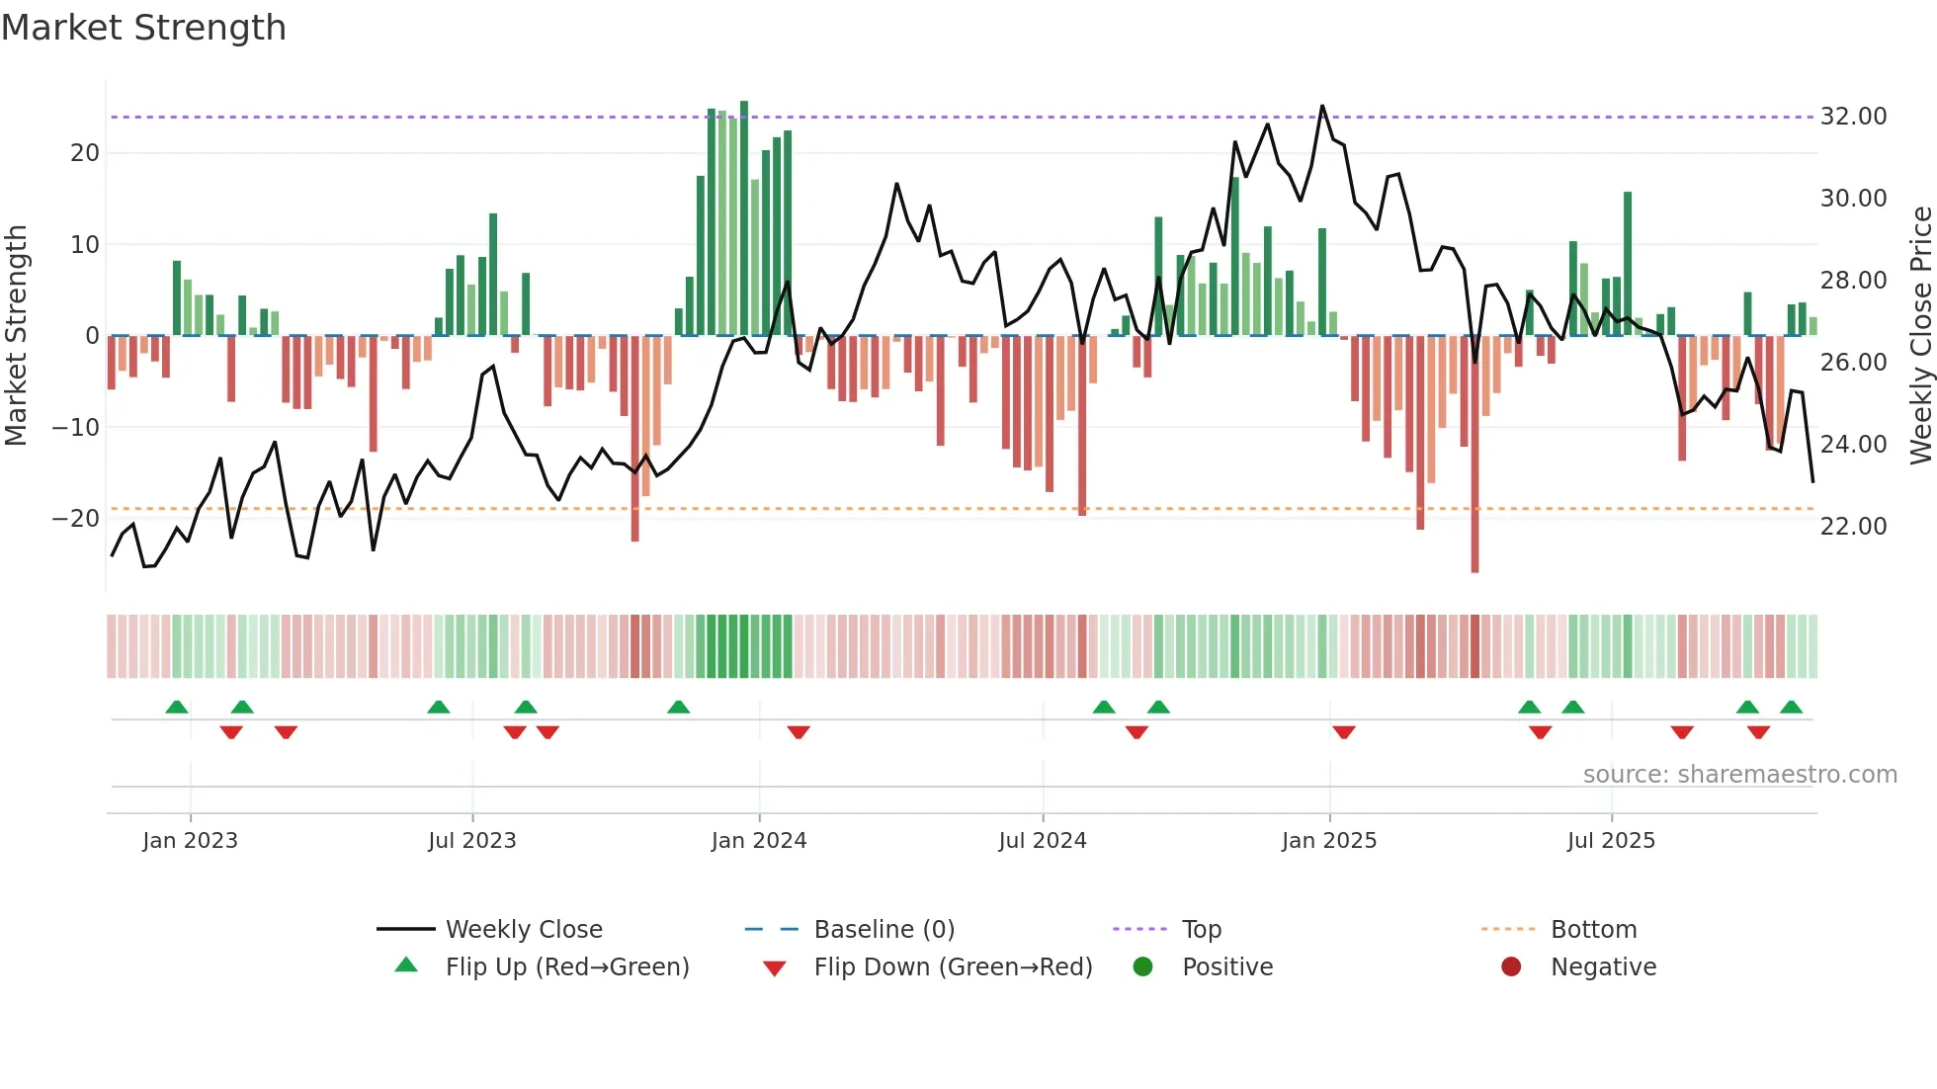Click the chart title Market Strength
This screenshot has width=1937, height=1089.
click(143, 28)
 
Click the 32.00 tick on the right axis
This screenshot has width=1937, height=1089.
click(1853, 117)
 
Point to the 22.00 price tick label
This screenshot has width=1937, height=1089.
click(1853, 527)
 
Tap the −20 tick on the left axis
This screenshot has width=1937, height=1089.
click(76, 519)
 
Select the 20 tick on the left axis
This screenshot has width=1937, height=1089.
click(85, 153)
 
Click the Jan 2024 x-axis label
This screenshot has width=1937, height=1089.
click(758, 841)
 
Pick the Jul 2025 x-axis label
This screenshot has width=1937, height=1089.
click(1610, 841)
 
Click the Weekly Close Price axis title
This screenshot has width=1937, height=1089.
click(1920, 336)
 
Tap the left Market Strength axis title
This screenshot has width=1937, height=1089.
click(17, 336)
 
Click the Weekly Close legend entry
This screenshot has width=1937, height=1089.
click(523, 930)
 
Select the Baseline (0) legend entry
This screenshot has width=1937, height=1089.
click(884, 930)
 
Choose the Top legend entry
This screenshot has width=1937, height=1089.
click(1201, 930)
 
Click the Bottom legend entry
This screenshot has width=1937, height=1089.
click(1593, 930)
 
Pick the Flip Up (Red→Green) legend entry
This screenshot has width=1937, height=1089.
click(566, 967)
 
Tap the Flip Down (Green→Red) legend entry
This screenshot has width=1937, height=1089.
click(952, 967)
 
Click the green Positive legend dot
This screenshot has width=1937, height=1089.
click(1142, 967)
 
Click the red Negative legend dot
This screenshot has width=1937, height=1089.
click(1511, 967)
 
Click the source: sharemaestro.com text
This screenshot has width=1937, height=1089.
click(1739, 775)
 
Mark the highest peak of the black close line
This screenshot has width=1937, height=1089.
click(1322, 106)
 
